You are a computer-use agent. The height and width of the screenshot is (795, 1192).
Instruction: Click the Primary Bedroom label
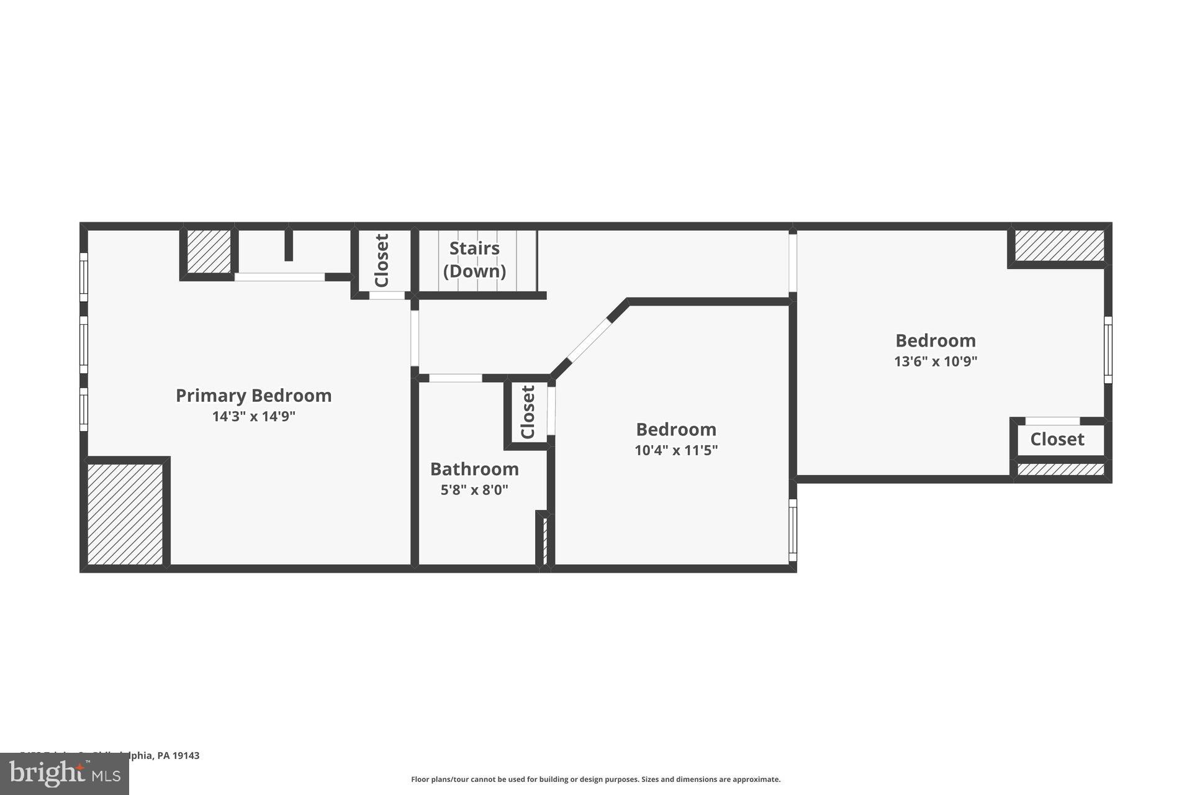coord(253,396)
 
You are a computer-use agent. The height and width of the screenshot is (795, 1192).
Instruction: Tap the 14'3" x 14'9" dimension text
coord(253,417)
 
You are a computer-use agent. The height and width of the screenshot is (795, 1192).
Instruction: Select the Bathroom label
coord(474,469)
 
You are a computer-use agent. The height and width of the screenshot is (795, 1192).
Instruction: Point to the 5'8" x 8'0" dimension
coord(474,490)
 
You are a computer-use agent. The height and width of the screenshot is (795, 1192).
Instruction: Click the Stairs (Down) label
coord(474,260)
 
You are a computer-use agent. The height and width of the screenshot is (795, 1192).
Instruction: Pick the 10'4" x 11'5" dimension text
coord(676,450)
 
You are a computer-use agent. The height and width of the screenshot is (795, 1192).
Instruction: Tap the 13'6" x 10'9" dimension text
coord(936,361)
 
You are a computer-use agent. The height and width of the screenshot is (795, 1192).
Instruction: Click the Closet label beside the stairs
coord(382,261)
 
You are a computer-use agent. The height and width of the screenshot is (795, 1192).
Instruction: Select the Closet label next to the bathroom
coord(528,412)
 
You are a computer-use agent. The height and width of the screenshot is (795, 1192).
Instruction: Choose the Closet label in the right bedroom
coord(1057,440)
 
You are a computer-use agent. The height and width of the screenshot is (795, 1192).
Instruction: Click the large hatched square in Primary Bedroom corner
coord(125,514)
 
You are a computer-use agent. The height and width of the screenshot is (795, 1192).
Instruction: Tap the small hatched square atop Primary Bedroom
coord(209,252)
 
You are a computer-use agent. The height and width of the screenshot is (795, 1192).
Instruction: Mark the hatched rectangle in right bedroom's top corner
coord(1059,246)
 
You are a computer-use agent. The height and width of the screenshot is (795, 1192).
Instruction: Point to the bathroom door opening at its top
coord(455,378)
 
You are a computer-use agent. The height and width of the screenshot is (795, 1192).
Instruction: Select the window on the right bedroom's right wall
coord(1108,350)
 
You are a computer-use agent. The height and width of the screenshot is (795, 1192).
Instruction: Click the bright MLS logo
coord(65,774)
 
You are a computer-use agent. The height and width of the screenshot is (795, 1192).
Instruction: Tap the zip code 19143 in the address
coord(186,756)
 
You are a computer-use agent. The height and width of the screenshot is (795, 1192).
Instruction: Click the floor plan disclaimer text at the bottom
coord(595,779)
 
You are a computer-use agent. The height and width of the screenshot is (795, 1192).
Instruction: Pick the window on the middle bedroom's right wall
coord(792,530)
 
